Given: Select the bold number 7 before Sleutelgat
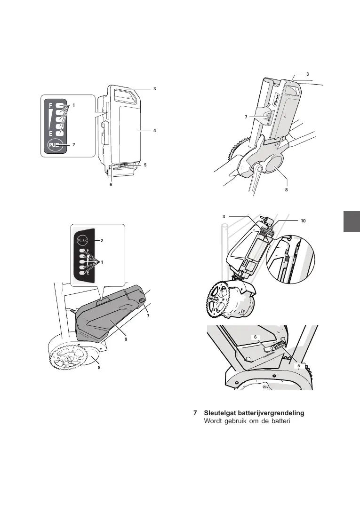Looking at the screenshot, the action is pyautogui.click(x=195, y=413).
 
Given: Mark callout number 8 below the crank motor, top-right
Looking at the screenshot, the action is pyautogui.click(x=286, y=191).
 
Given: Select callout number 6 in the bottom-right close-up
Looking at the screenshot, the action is pyautogui.click(x=255, y=337).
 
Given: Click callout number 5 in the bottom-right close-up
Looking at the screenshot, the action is pyautogui.click(x=298, y=365).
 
